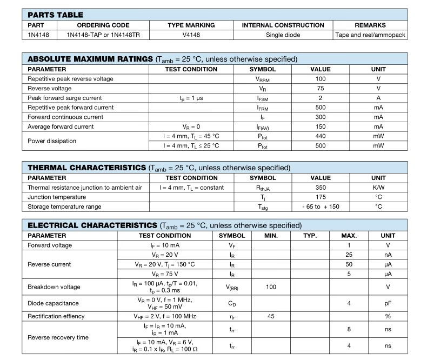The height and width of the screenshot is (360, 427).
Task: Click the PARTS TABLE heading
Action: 55,15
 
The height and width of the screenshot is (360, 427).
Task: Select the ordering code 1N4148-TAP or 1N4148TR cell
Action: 103,35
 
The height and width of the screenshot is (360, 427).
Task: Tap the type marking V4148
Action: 191,35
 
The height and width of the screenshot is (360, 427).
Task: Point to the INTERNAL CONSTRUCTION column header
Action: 283,25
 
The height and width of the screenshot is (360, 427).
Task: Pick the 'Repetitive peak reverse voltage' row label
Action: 70,79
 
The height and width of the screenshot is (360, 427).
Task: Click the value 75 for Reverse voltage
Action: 320,89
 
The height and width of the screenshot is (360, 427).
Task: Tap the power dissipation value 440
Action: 320,136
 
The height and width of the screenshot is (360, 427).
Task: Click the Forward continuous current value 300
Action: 320,117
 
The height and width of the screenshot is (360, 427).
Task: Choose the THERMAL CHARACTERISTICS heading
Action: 86,168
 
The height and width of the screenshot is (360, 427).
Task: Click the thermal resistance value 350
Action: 320,188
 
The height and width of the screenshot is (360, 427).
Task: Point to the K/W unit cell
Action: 378,188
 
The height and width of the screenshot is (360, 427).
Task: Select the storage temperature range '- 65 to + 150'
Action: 320,206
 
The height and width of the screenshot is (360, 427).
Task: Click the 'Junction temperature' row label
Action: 57,197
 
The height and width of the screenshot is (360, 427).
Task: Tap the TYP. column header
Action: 310,236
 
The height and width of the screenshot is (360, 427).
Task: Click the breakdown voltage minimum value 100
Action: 271,287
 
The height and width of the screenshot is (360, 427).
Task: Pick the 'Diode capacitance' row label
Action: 53,303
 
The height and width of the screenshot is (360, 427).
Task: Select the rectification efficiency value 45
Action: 271,316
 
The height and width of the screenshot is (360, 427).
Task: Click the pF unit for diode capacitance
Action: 388,303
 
